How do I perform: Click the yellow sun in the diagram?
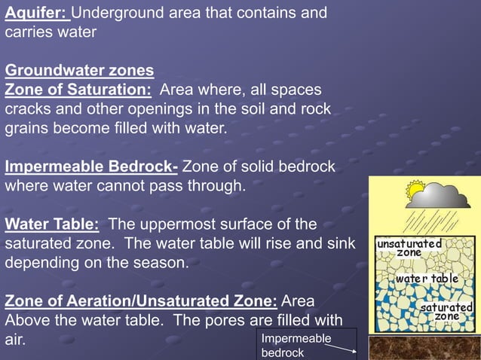point(415,191)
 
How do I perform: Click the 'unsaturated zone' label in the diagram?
point(409,248)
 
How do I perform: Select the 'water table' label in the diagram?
point(427,279)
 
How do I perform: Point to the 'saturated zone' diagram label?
point(446,312)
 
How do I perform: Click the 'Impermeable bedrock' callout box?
point(306,345)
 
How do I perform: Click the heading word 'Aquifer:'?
point(37,14)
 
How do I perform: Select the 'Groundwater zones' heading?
point(79,71)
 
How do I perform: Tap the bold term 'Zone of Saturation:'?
point(78,90)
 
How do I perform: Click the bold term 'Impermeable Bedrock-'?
point(91,166)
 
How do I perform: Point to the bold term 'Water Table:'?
point(52,224)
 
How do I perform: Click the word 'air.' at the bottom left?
point(16,340)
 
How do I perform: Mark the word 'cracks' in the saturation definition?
point(28,110)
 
